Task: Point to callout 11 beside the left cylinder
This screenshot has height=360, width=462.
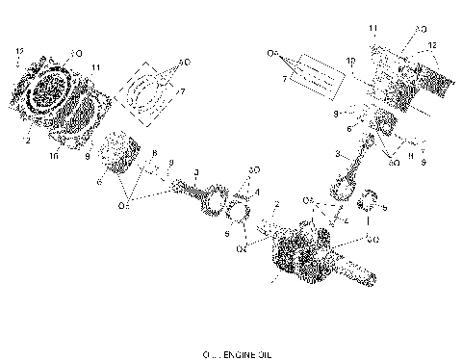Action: [96, 68]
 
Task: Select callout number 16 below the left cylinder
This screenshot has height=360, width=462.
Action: [54, 153]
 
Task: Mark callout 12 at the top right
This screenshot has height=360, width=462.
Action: [432, 45]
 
